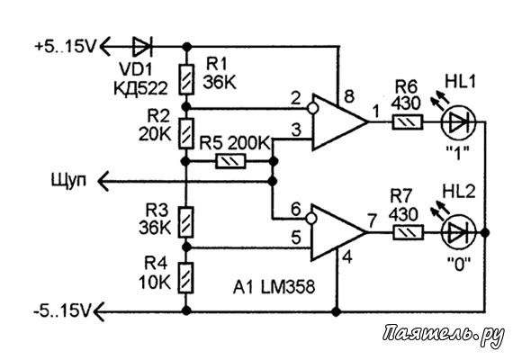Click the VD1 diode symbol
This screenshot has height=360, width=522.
coord(142,46)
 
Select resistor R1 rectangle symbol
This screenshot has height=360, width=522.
coord(186,79)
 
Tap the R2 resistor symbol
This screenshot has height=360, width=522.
coord(186,133)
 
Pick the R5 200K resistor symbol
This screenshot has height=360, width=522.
coord(230,161)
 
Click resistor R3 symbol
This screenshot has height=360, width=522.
coord(186,222)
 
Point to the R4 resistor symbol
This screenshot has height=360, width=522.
coord(186,278)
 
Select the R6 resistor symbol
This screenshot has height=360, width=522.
coord(408,122)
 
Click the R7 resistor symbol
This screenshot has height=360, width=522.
coord(408,232)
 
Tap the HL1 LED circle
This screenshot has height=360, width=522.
coord(459,122)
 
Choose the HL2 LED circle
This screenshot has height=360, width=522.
coord(459,232)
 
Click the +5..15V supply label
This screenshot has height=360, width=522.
coord(65,46)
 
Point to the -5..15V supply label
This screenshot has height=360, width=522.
coord(62,311)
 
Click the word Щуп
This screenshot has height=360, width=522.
coord(68,181)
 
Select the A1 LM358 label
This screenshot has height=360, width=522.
coord(274,287)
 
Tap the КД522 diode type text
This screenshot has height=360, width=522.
coord(140,88)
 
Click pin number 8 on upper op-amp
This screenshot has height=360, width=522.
coord(348,97)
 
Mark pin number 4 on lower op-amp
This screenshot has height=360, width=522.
coord(347,257)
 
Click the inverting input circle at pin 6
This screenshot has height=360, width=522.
coord(310,219)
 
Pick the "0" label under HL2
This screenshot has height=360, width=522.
coord(459,264)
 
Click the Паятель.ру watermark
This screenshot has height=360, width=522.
coord(443,334)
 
